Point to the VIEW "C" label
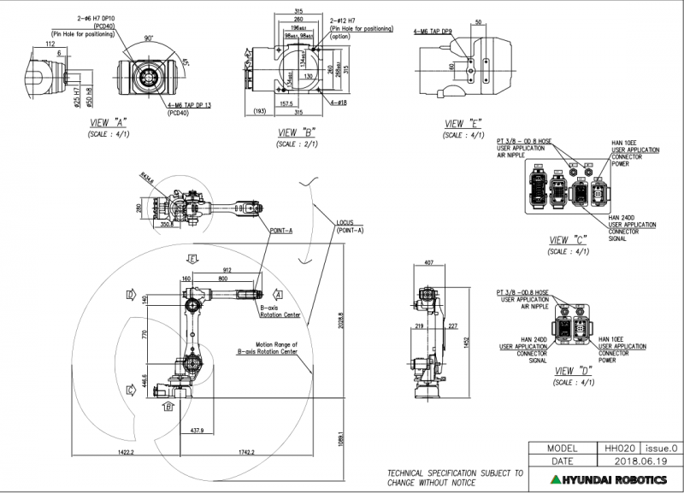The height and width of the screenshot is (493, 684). pyautogui.click(x=567, y=241)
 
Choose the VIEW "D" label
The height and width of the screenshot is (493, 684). pyautogui.click(x=572, y=371)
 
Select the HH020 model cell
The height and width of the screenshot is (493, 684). pyautogui.click(x=616, y=447)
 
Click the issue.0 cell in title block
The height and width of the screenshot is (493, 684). pyautogui.click(x=658, y=447)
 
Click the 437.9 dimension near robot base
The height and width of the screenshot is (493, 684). pyautogui.click(x=196, y=430)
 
